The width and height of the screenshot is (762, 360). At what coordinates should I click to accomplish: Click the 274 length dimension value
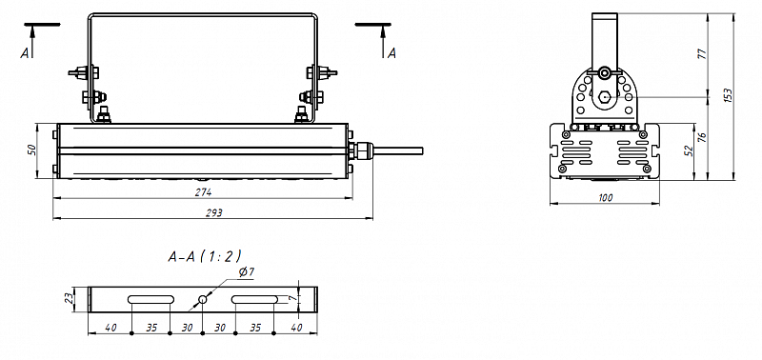(x=204, y=191)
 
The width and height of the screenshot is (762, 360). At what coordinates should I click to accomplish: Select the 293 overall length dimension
(x=213, y=212)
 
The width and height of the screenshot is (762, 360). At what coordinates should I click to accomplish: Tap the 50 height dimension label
(x=31, y=150)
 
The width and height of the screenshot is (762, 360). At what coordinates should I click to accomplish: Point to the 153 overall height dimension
(x=728, y=94)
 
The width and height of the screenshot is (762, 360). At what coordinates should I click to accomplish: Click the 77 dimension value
(x=701, y=53)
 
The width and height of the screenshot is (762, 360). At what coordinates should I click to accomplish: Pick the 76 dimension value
(x=701, y=137)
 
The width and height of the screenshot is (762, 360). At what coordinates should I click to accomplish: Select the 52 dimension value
(x=688, y=150)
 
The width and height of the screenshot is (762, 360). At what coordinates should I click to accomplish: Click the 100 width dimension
(x=606, y=198)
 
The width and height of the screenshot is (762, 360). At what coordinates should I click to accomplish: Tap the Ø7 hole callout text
(x=247, y=272)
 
